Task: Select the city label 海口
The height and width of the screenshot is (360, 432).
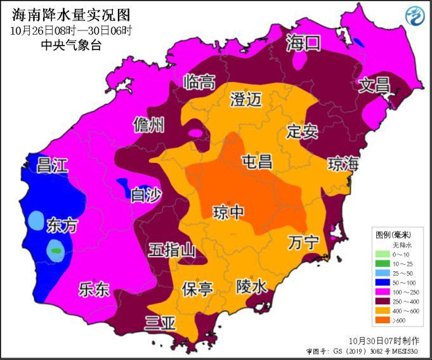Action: click(303, 44)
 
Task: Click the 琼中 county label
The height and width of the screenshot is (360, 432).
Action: click(228, 212)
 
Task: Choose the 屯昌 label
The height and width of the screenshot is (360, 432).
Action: click(257, 162)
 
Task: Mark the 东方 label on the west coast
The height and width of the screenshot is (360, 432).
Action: click(62, 225)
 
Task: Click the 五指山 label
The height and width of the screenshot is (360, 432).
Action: click(172, 250)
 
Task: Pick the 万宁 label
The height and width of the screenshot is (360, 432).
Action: click(303, 243)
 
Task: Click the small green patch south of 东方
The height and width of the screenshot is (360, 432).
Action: click(56, 251)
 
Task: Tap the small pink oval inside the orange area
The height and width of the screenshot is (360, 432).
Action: click(197, 133)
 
